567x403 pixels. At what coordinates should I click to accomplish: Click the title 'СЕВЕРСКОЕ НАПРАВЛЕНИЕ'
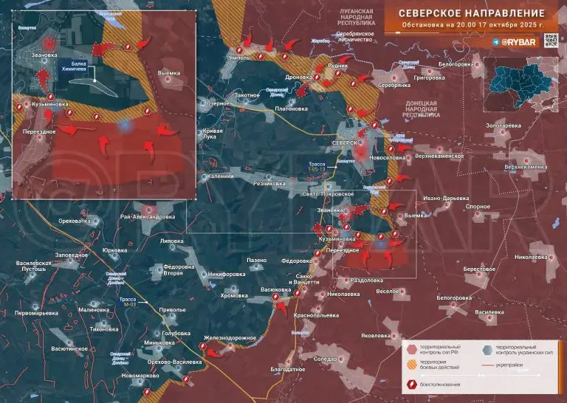click(x=472, y=13)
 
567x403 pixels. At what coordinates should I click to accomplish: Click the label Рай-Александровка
click(x=148, y=217)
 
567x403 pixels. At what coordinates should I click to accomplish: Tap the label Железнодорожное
click(x=230, y=337)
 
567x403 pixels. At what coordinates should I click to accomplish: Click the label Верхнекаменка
click(x=526, y=167)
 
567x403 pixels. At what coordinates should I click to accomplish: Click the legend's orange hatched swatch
click(x=412, y=365)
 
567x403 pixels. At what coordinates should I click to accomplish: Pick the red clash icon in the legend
click(x=412, y=385)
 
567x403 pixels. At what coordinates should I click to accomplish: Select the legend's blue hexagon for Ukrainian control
click(x=489, y=348)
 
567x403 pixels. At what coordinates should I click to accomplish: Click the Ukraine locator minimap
click(x=525, y=83)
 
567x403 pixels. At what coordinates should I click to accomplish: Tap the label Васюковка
click(x=275, y=290)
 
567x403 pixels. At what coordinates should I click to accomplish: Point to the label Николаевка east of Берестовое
click(x=531, y=257)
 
